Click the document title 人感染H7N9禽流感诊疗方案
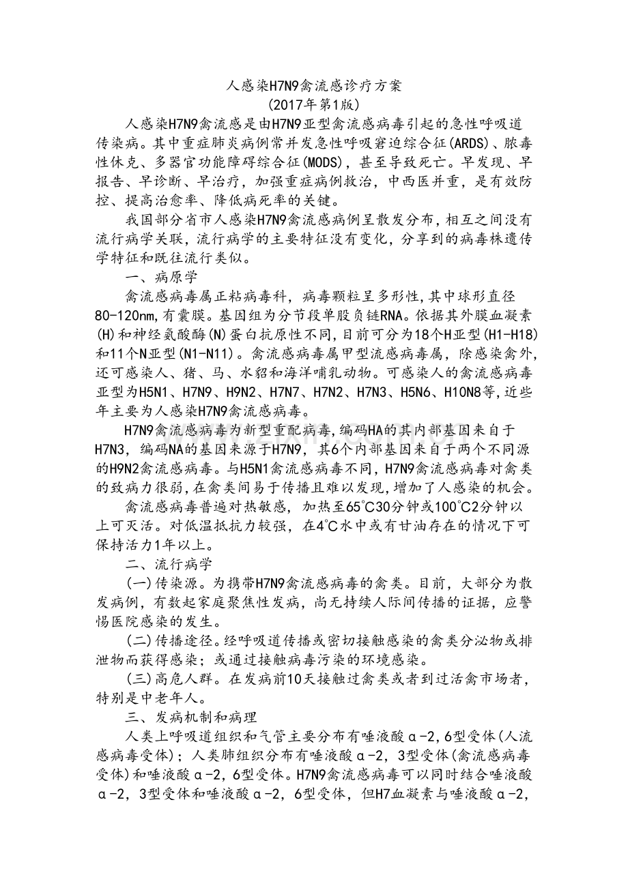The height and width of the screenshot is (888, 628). tap(314, 86)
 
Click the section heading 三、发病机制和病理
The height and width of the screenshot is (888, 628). tap(190, 717)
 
